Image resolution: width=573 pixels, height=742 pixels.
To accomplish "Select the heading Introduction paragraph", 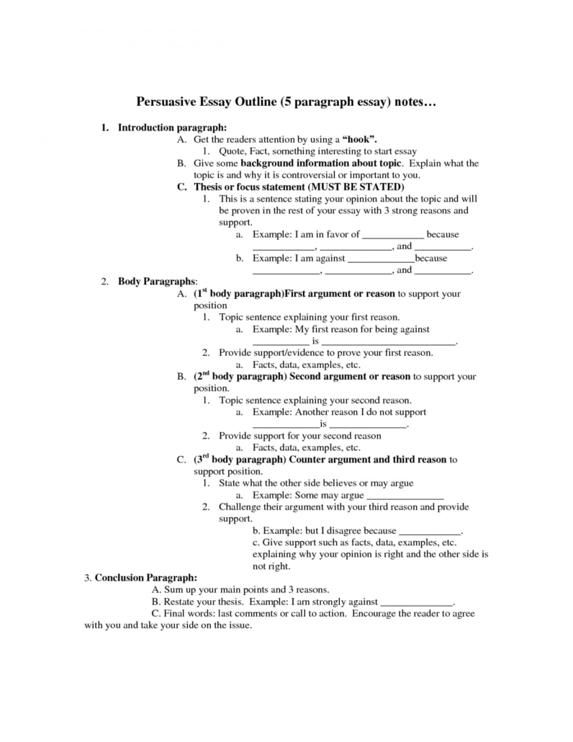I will click(x=162, y=128).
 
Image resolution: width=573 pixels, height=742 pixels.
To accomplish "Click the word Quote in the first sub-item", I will click(x=234, y=151).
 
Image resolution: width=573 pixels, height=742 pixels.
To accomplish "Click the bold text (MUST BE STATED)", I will click(x=348, y=186).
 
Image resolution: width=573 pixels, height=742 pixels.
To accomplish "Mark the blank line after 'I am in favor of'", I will click(x=392, y=235).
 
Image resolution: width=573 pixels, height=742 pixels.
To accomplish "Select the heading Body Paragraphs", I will click(x=157, y=282).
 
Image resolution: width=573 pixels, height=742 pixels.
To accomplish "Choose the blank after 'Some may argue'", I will click(x=405, y=496).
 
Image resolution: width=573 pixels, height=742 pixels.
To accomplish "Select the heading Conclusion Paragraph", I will click(x=145, y=577).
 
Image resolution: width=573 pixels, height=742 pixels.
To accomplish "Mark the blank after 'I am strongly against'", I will click(x=416, y=601).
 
